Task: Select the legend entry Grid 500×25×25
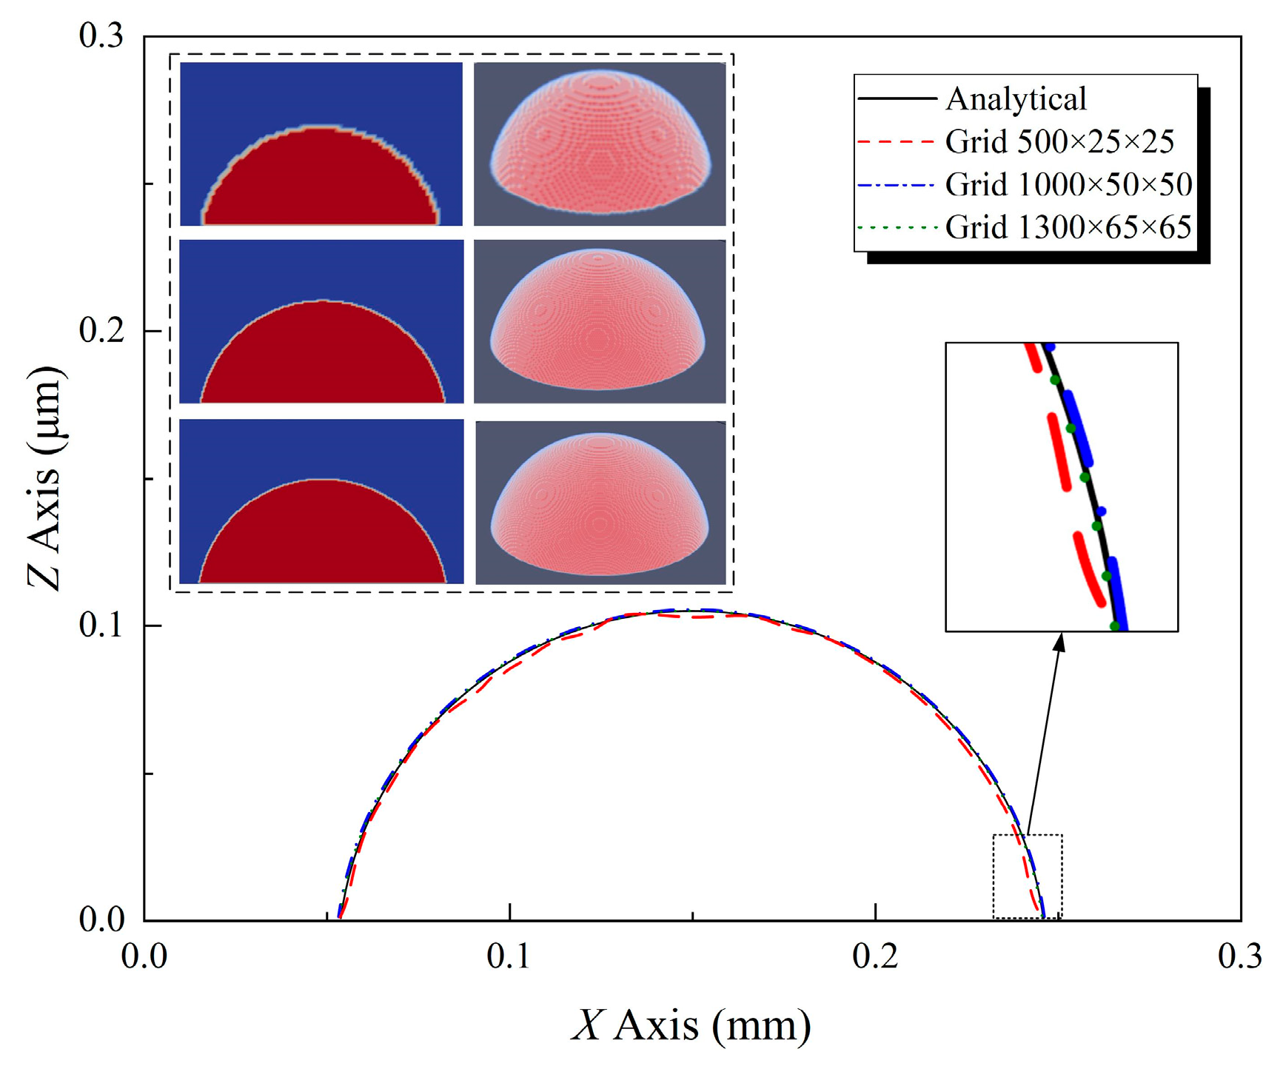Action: tap(1059, 142)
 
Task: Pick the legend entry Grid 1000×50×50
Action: tap(1068, 185)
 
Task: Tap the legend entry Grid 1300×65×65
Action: tap(1068, 227)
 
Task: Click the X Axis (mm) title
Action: tap(691, 1027)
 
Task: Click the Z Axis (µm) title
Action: tap(46, 477)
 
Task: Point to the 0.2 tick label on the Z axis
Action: tap(101, 331)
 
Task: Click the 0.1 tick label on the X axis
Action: tap(509, 957)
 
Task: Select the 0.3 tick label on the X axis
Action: tap(1240, 957)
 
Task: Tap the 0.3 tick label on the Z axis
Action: tap(101, 36)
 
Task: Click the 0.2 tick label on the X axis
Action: tap(875, 957)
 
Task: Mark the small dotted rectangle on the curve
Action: tap(1028, 876)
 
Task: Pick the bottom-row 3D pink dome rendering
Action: tap(600, 503)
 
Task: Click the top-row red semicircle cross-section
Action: tap(321, 181)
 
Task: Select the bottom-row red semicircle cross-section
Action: tap(321, 537)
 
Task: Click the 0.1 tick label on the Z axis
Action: tap(101, 626)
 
